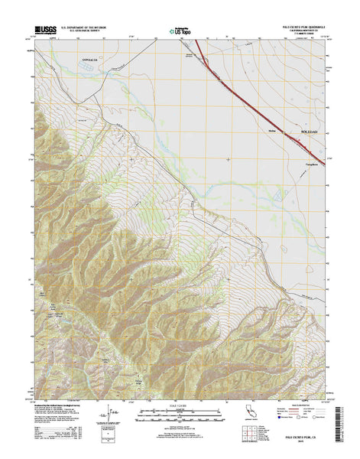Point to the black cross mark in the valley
[228, 158]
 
